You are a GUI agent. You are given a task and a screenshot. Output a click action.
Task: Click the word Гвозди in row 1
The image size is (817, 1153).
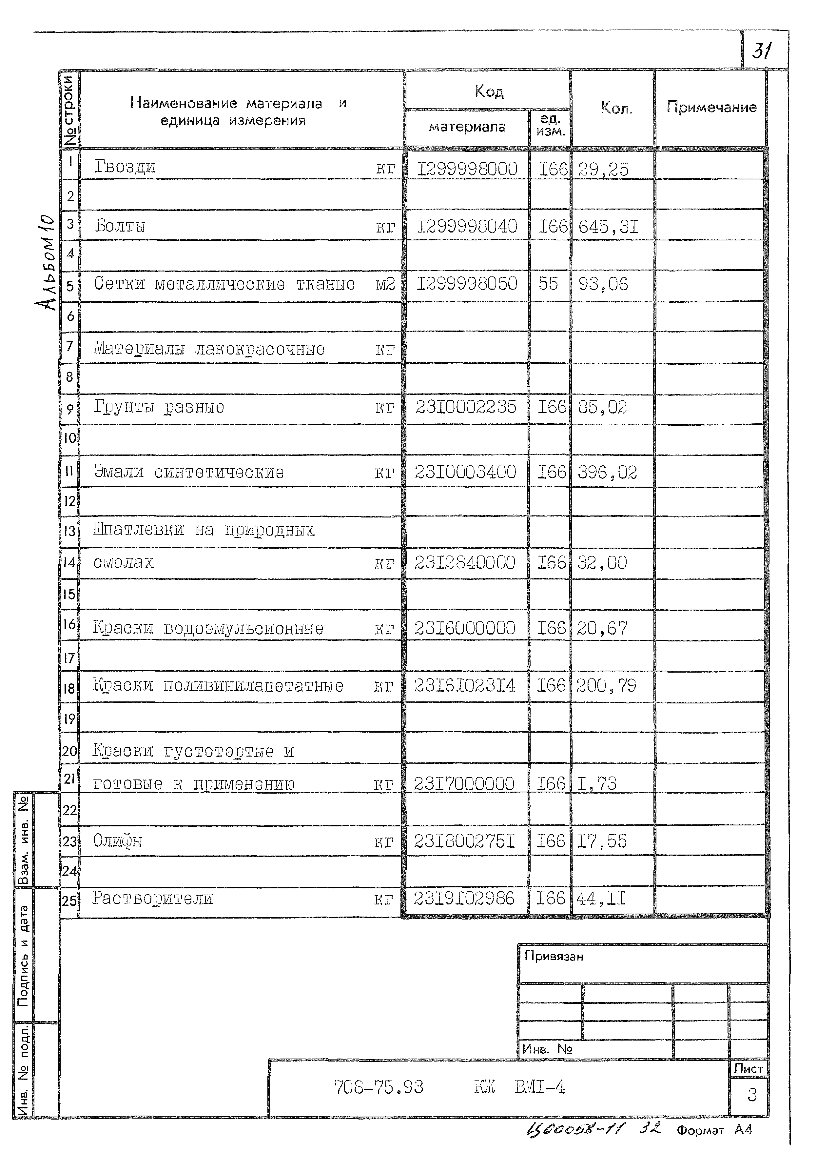[125, 167]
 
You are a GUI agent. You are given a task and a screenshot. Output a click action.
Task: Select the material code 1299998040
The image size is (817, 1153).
[467, 227]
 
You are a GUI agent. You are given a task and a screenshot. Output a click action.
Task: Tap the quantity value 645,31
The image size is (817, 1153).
[608, 227]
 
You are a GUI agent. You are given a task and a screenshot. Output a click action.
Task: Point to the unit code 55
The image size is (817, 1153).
[548, 284]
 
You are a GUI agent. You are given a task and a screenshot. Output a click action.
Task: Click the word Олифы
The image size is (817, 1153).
[118, 841]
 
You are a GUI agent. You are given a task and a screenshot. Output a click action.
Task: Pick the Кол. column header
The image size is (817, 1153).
[616, 108]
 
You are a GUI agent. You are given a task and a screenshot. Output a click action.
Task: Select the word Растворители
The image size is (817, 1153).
[152, 898]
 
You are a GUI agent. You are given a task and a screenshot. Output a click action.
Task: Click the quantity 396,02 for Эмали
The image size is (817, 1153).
[607, 472]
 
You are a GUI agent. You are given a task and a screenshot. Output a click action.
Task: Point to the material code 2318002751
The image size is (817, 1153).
[464, 841]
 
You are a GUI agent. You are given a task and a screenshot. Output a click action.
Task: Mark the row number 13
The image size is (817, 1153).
[69, 531]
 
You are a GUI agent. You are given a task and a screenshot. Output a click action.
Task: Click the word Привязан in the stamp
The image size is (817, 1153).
[554, 956]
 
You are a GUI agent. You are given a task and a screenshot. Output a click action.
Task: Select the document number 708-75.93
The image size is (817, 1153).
[378, 1087]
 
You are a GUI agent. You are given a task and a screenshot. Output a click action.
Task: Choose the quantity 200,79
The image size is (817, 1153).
[606, 685]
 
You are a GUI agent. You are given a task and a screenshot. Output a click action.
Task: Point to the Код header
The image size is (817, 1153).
[489, 91]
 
